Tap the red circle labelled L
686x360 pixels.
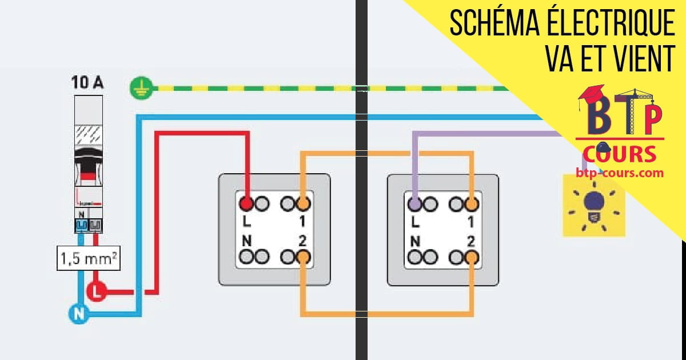pyautogui.click(x=95, y=291)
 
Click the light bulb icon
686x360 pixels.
pyautogui.click(x=594, y=204)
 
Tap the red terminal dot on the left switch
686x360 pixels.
pyautogui.click(x=246, y=203)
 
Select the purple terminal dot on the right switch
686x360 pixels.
pyautogui.click(x=414, y=203)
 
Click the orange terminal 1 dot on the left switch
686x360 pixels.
pyautogui.click(x=303, y=203)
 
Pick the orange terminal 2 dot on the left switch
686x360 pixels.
pyautogui.click(x=303, y=257)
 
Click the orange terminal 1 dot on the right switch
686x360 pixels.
pyautogui.click(x=472, y=203)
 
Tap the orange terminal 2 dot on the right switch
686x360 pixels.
pyautogui.click(x=472, y=257)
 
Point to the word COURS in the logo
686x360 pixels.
pyautogui.click(x=620, y=154)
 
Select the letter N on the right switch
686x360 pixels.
pyautogui.click(x=416, y=241)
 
